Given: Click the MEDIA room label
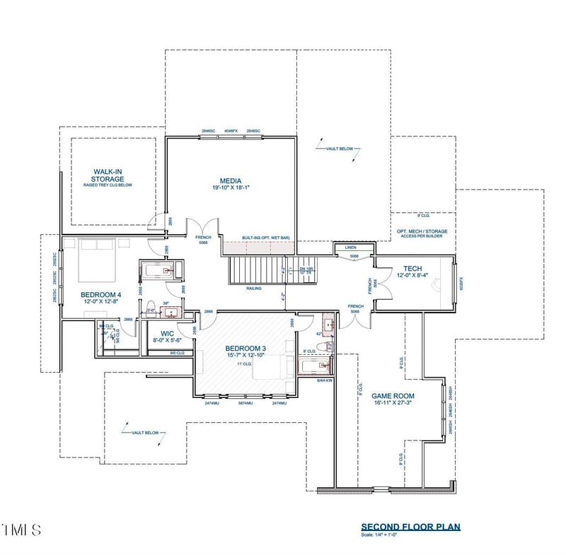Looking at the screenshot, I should tap(230, 180).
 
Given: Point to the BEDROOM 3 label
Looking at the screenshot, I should tap(246, 349).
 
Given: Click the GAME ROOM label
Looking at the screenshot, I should tap(393, 396).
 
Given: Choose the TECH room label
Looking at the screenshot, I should tap(412, 269).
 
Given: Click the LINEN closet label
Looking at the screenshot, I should tap(350, 247).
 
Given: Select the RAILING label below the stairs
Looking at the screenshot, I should tap(253, 288).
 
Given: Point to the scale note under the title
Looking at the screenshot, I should tap(381, 535).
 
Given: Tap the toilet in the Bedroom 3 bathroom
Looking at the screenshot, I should tap(323, 346).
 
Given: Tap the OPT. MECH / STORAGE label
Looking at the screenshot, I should tap(424, 233).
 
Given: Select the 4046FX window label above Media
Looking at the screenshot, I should tap(231, 132).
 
